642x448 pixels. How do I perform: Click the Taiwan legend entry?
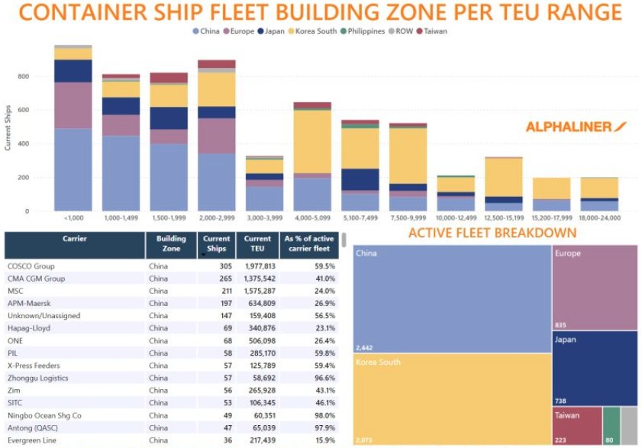click(x=433, y=31)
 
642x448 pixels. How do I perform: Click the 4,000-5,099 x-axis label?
click(x=312, y=218)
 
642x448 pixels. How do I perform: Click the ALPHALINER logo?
click(x=577, y=127)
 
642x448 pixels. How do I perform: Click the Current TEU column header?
click(x=257, y=244)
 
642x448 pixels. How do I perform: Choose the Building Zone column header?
click(x=171, y=244)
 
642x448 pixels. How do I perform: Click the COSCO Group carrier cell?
click(x=31, y=266)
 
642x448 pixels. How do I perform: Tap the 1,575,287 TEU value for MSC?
click(x=257, y=291)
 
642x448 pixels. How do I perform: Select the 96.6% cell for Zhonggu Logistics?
click(x=322, y=378)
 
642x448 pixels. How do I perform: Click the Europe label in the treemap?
click(x=567, y=254)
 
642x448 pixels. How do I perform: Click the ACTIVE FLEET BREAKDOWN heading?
click(x=492, y=233)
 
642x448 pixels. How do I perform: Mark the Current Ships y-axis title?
click(x=8, y=125)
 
